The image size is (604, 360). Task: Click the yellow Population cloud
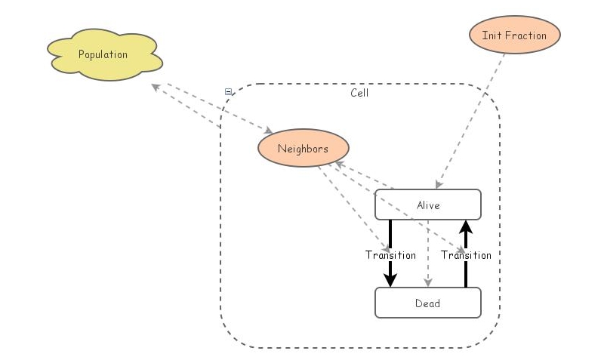point(103,55)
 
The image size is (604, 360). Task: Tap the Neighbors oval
point(303,149)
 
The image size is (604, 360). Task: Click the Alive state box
point(427,205)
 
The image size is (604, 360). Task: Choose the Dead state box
point(427,303)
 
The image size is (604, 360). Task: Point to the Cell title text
point(359,93)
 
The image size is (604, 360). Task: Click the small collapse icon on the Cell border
point(228,91)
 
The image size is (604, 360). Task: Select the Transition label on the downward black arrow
point(390,255)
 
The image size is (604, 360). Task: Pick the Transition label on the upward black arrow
point(466,255)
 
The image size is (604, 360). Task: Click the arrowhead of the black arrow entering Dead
point(390,280)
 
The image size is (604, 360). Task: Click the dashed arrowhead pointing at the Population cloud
point(156,87)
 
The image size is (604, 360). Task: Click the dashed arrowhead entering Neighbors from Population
point(268,131)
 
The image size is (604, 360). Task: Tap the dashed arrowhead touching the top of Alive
point(439,184)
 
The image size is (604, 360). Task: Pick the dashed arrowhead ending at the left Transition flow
point(385,248)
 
